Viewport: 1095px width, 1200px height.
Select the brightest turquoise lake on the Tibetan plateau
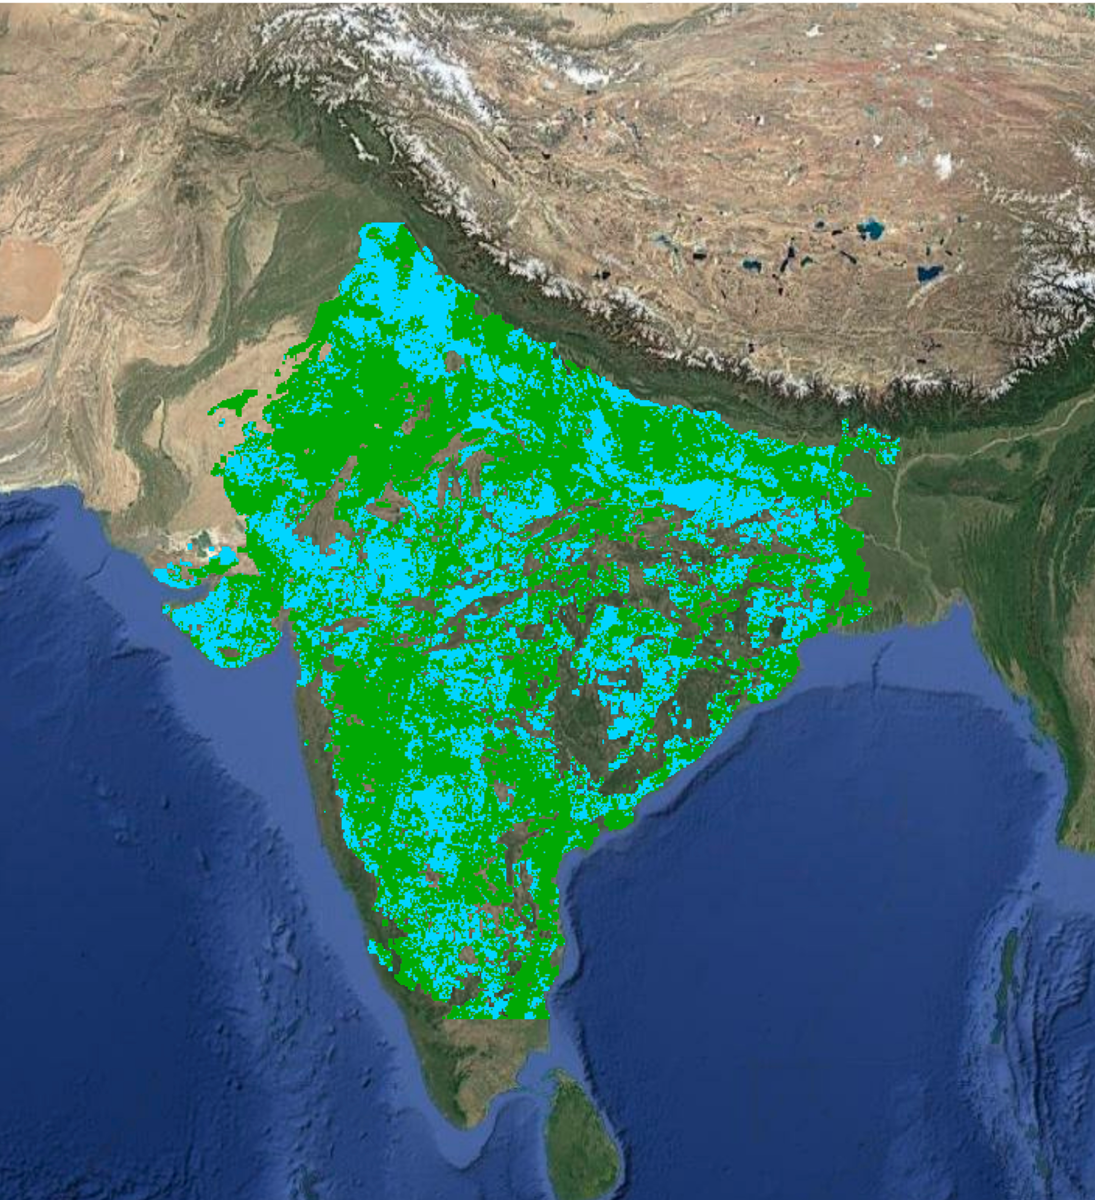871,229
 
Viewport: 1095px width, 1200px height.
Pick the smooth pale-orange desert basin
30,280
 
